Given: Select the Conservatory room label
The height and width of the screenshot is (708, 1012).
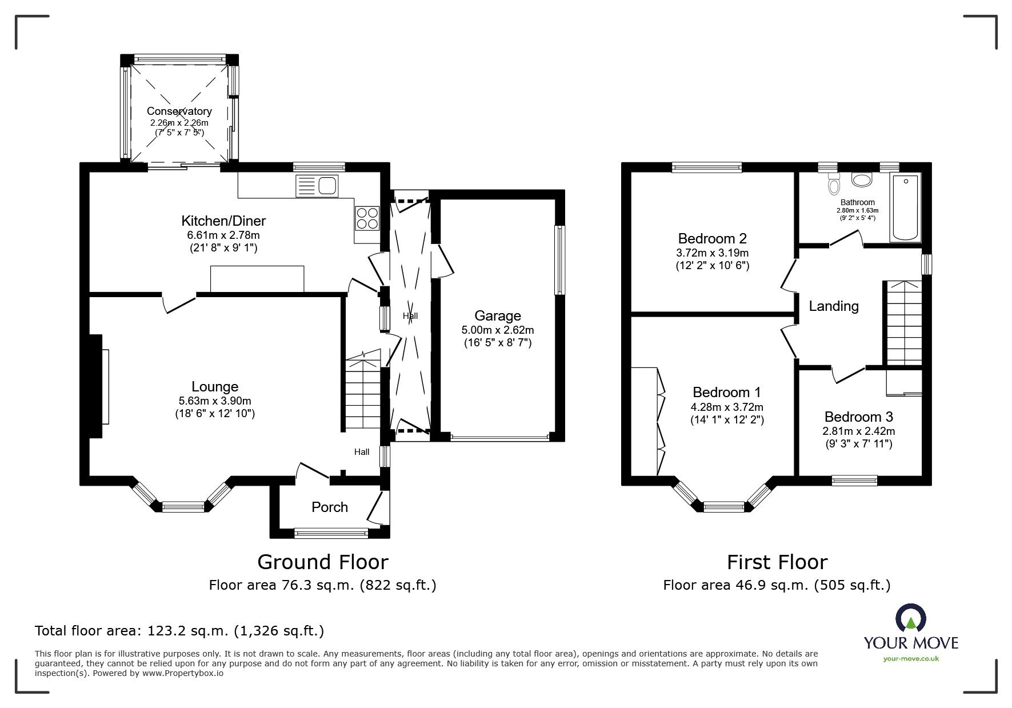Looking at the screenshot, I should (x=179, y=111).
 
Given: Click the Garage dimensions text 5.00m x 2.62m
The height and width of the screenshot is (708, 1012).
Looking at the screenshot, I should (x=498, y=330).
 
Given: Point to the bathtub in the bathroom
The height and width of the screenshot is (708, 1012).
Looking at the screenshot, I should (x=905, y=209).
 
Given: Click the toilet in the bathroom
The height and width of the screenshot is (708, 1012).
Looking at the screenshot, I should (x=834, y=184).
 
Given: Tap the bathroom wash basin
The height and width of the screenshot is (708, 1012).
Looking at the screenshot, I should (x=862, y=179).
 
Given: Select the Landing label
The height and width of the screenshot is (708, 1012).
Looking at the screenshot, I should (x=834, y=306).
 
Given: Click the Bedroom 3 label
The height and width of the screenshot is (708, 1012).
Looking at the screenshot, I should (x=858, y=417).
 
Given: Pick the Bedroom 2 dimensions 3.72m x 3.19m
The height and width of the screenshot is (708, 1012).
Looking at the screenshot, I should (x=712, y=253).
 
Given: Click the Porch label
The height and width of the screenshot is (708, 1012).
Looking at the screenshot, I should (x=330, y=507).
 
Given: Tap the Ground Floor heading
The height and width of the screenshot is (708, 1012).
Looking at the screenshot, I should (x=323, y=562).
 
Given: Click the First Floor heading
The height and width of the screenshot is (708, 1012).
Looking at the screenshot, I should (x=777, y=562).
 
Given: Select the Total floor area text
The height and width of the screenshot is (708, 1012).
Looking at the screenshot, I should (x=179, y=631).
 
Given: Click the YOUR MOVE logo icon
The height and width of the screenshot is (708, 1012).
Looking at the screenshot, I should (x=911, y=619).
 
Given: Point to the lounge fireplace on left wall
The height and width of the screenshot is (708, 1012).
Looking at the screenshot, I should (x=95, y=386).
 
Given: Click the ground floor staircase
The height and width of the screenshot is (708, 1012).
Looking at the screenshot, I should (x=363, y=394).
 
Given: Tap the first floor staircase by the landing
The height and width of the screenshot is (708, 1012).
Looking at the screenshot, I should (x=903, y=323).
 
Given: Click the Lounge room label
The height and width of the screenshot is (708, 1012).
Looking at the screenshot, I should (x=215, y=387).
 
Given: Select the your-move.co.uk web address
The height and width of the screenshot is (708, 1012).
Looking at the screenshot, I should (x=911, y=659).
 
